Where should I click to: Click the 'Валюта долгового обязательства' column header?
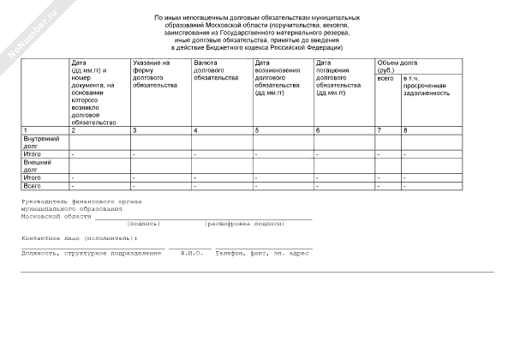point(216,70)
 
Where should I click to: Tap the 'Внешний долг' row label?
point(38,165)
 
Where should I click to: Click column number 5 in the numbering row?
point(258,129)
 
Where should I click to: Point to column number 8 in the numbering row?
point(406,129)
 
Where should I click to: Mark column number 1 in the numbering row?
point(25,129)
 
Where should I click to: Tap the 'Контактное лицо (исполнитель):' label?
point(80,237)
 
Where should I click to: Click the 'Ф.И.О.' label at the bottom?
point(190,254)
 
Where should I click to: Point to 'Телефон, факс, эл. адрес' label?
point(262,254)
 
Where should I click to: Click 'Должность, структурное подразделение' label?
point(92,254)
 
